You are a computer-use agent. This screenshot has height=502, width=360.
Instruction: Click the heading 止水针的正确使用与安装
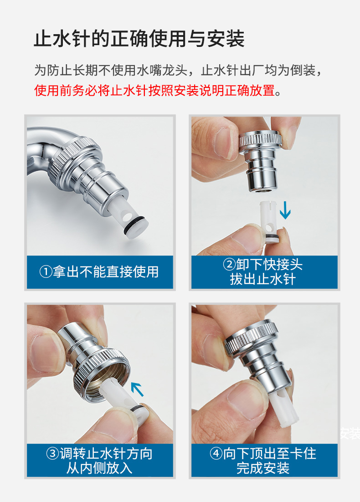(x=139, y=39)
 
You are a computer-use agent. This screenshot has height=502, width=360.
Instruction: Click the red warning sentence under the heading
(x=158, y=91)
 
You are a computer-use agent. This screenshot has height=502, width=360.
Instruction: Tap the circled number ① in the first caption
(x=46, y=272)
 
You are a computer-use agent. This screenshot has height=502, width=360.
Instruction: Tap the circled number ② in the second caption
(x=229, y=265)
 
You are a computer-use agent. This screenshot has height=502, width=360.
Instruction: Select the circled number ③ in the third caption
(x=52, y=454)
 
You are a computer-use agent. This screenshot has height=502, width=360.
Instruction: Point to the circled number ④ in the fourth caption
(x=216, y=453)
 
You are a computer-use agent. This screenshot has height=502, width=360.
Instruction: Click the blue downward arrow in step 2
(x=285, y=210)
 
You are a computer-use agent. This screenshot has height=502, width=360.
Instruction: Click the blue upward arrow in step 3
(x=138, y=389)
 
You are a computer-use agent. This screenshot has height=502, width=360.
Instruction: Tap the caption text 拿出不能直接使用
(x=106, y=272)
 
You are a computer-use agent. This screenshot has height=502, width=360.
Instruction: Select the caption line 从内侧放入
(x=99, y=468)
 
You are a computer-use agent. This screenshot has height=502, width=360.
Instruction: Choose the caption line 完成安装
(x=263, y=468)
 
